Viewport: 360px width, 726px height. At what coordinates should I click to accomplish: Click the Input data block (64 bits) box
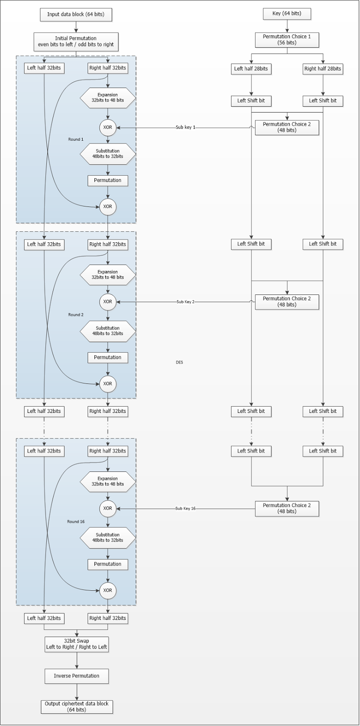coord(76,15)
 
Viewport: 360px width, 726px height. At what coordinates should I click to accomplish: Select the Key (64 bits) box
coord(287,14)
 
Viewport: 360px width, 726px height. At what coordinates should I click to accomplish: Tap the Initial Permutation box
coord(76,42)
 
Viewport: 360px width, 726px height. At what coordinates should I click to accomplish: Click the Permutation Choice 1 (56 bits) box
coord(287,40)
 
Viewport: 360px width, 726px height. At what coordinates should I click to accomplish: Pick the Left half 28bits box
coord(251,69)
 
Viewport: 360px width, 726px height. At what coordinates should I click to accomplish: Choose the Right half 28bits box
coord(323,69)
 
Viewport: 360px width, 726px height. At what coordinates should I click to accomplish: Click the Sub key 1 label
coord(186,128)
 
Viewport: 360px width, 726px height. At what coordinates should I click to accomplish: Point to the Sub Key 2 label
coord(186,302)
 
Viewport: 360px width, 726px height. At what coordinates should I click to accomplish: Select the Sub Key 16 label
coord(186,509)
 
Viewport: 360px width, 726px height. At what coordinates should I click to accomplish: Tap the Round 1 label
coord(76,139)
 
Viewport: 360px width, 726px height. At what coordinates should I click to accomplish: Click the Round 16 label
coord(76,522)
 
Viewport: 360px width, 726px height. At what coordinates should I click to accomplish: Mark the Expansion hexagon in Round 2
coord(108,275)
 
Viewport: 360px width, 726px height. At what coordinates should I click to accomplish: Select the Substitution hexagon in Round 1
coord(108,154)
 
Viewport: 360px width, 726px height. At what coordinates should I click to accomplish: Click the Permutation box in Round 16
coord(108,564)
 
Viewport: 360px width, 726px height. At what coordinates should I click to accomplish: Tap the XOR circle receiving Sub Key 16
coord(108,509)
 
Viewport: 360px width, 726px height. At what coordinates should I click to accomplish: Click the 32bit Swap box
coord(76,644)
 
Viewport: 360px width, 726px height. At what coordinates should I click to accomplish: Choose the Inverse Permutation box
coord(76,676)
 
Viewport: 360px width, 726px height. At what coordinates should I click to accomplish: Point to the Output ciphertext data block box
coord(76,707)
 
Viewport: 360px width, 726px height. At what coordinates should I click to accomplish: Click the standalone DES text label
coord(179,363)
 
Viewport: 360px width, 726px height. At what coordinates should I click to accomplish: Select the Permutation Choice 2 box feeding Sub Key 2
coord(287,302)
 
